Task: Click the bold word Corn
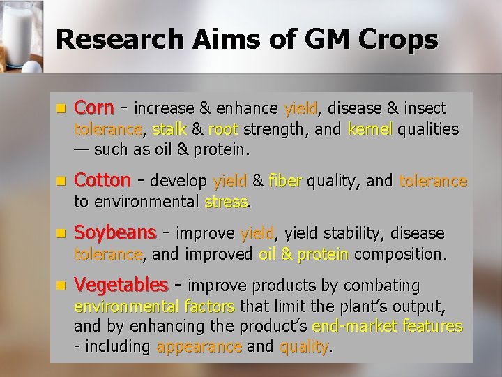(x=95, y=109)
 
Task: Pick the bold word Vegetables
(x=121, y=285)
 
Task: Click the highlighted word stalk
(x=169, y=129)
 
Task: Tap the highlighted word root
(x=223, y=129)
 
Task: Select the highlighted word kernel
(x=370, y=129)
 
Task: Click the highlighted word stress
(x=227, y=202)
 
